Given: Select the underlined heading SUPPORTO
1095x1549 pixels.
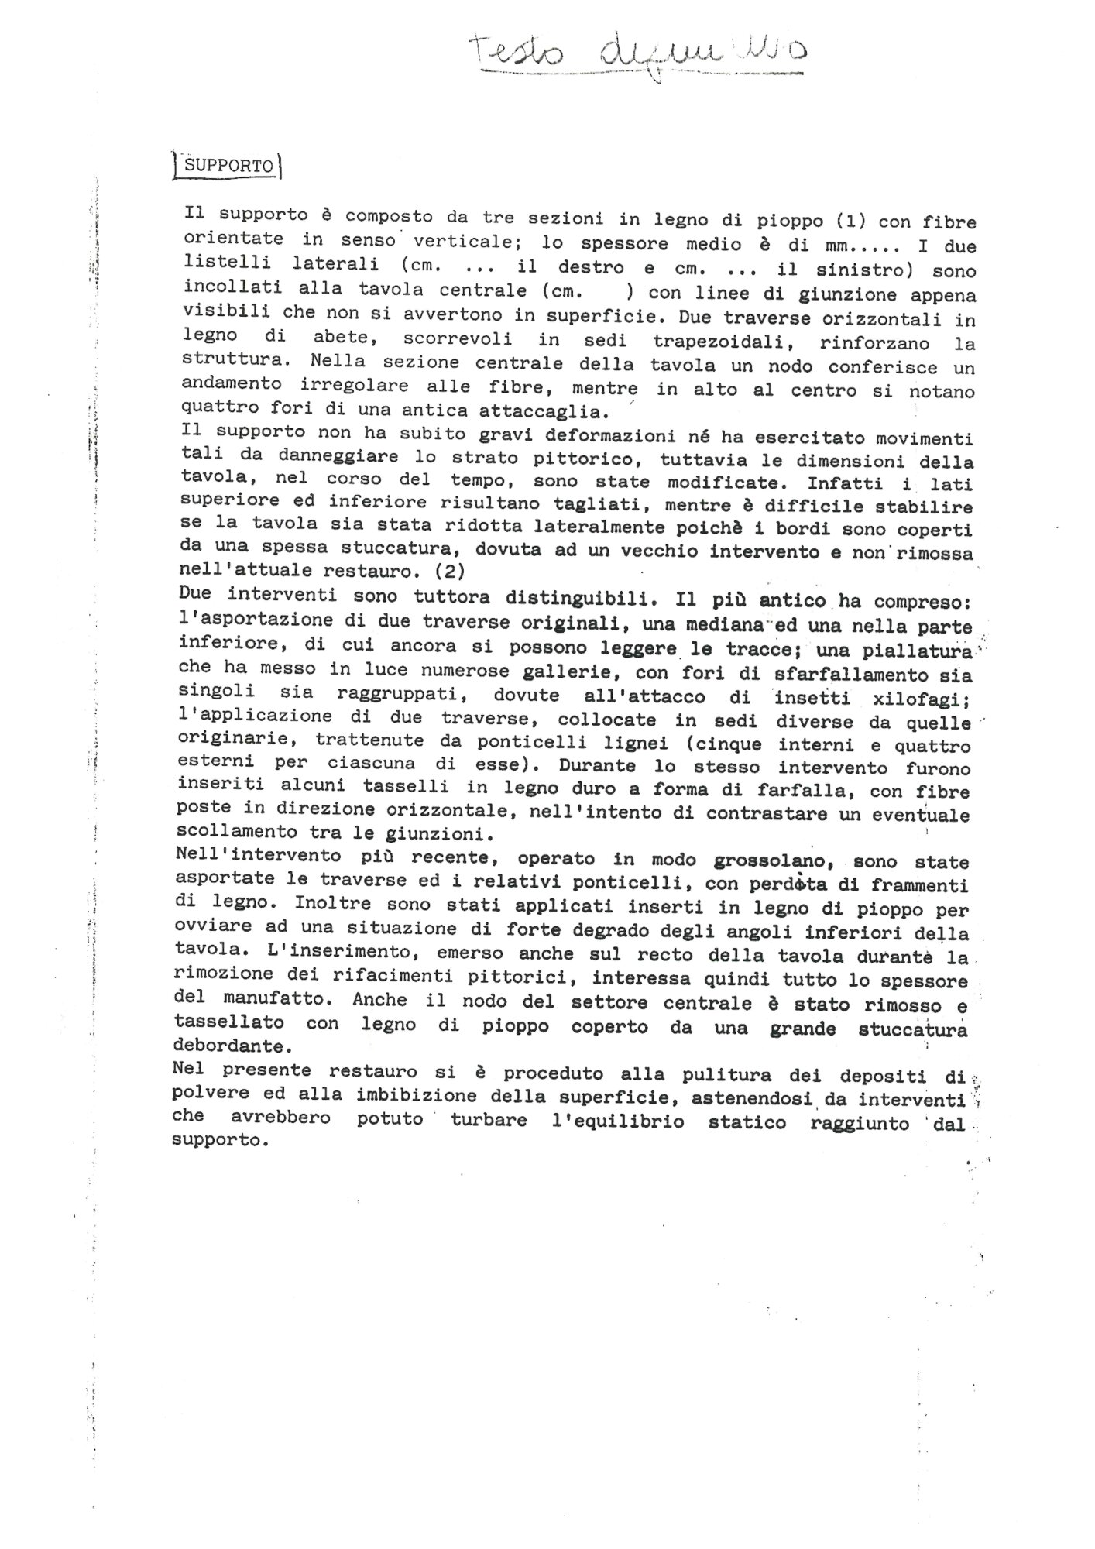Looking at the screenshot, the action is coord(224,166).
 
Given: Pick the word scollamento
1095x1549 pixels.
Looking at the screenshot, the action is coord(231,833).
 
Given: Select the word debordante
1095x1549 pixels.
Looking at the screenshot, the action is coord(227,1046).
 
